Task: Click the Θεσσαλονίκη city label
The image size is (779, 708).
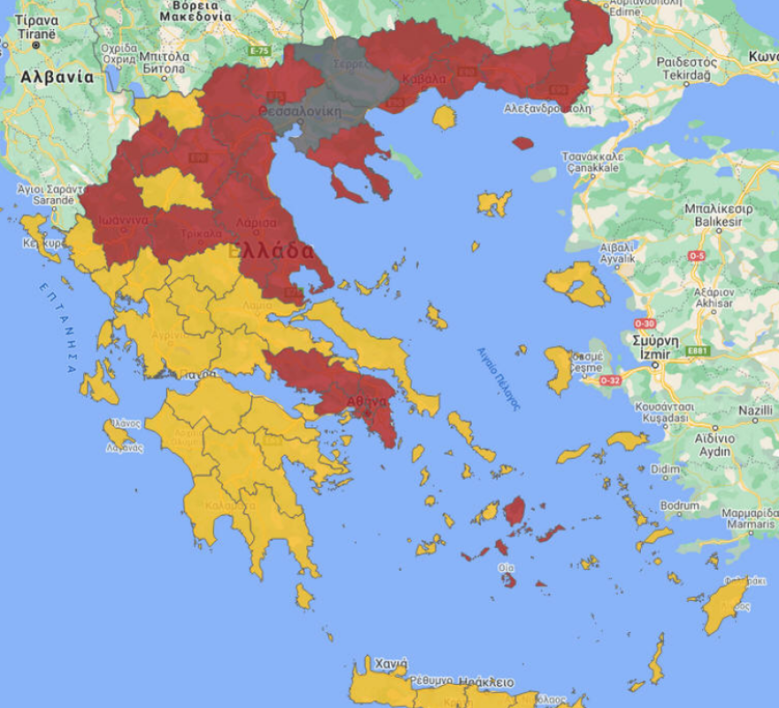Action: (299, 112)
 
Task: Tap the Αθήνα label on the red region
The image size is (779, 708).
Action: (367, 401)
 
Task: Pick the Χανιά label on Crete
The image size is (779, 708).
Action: (389, 664)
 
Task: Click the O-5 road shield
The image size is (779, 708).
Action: (697, 257)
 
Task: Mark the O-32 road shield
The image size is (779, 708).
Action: (611, 381)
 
